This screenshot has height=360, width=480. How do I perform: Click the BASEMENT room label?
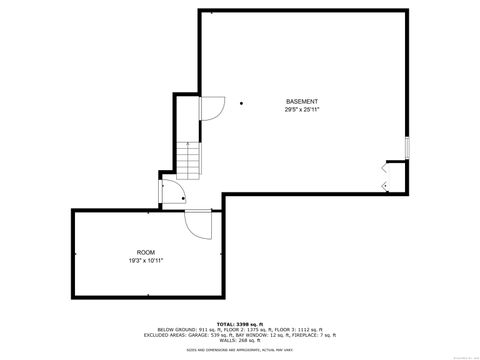(302, 101)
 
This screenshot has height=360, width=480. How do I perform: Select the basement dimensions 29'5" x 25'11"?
(302, 109)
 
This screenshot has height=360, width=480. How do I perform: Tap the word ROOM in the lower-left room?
(146, 252)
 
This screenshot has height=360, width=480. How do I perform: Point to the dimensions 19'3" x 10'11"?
(146, 260)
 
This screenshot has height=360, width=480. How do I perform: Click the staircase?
(188, 159)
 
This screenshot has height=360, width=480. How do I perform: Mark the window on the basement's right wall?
(407, 146)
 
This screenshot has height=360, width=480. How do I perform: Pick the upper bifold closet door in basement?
(386, 172)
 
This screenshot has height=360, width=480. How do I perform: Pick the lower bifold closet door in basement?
(386, 185)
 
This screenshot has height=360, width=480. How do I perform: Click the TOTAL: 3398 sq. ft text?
(240, 324)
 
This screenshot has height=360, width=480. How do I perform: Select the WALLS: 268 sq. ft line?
(240, 341)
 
